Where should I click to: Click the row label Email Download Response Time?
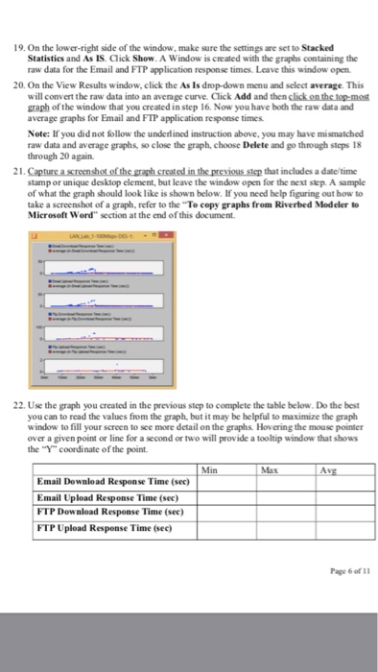click(98, 482)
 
